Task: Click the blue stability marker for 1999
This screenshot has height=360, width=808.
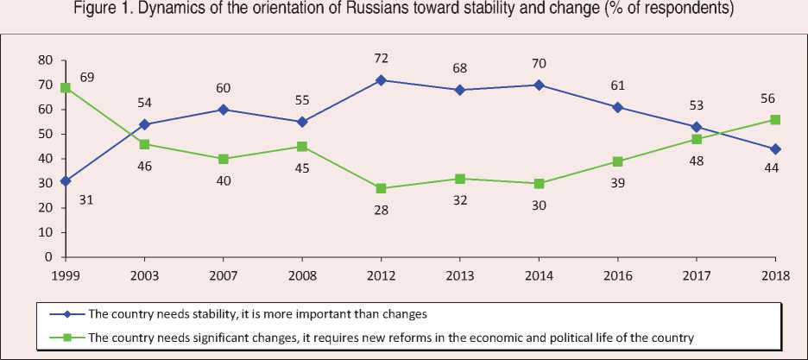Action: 65,180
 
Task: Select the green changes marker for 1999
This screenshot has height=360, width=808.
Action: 65,87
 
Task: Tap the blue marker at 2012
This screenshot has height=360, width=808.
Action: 381,79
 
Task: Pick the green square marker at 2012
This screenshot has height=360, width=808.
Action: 381,188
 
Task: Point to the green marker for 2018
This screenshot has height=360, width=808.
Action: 776,119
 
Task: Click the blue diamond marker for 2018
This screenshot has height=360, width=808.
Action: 776,148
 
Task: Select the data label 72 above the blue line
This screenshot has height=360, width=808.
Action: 381,59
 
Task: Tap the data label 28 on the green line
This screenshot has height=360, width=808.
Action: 381,210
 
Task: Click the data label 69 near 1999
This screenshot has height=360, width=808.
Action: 86,78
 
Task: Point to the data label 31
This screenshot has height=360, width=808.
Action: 86,200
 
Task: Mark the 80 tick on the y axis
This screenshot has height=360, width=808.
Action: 45,60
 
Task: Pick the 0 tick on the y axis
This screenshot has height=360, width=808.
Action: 49,257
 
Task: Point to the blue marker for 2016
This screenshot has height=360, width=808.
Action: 618,107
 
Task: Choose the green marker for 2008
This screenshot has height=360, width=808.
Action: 301,146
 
